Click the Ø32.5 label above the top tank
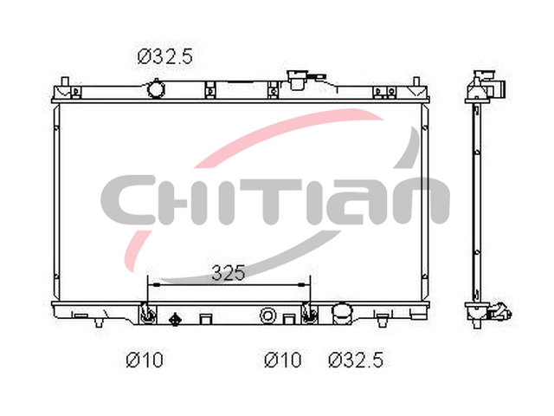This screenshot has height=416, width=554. point(165,56)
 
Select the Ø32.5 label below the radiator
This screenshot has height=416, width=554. point(356,361)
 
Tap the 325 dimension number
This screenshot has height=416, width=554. point(229,273)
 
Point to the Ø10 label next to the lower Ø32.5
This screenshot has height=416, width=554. point(283,361)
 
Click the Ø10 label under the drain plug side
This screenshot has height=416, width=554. point(145,361)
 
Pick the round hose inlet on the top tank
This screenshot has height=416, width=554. point(156,88)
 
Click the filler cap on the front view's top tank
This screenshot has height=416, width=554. point(297,80)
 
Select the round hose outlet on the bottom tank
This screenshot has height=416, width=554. point(342,314)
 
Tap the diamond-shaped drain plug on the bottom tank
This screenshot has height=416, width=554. point(175,320)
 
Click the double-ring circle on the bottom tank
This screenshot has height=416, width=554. point(267,315)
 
